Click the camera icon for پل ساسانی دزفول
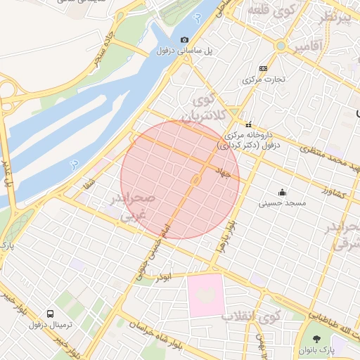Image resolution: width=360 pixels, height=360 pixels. [x=184, y=40]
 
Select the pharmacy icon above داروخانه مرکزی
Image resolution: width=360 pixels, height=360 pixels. [x=248, y=124]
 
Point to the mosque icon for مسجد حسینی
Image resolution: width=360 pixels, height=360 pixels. [x=283, y=192]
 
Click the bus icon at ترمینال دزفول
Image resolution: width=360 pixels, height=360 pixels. [x=50, y=314]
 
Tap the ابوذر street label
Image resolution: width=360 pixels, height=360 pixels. [x=165, y=277]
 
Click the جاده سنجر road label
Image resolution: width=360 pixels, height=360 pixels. [x=103, y=47]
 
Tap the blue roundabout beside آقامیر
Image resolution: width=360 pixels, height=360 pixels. [x=281, y=46]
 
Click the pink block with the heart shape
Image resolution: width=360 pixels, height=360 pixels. [x=205, y=295]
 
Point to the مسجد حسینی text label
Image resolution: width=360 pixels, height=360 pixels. [x=283, y=203]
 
